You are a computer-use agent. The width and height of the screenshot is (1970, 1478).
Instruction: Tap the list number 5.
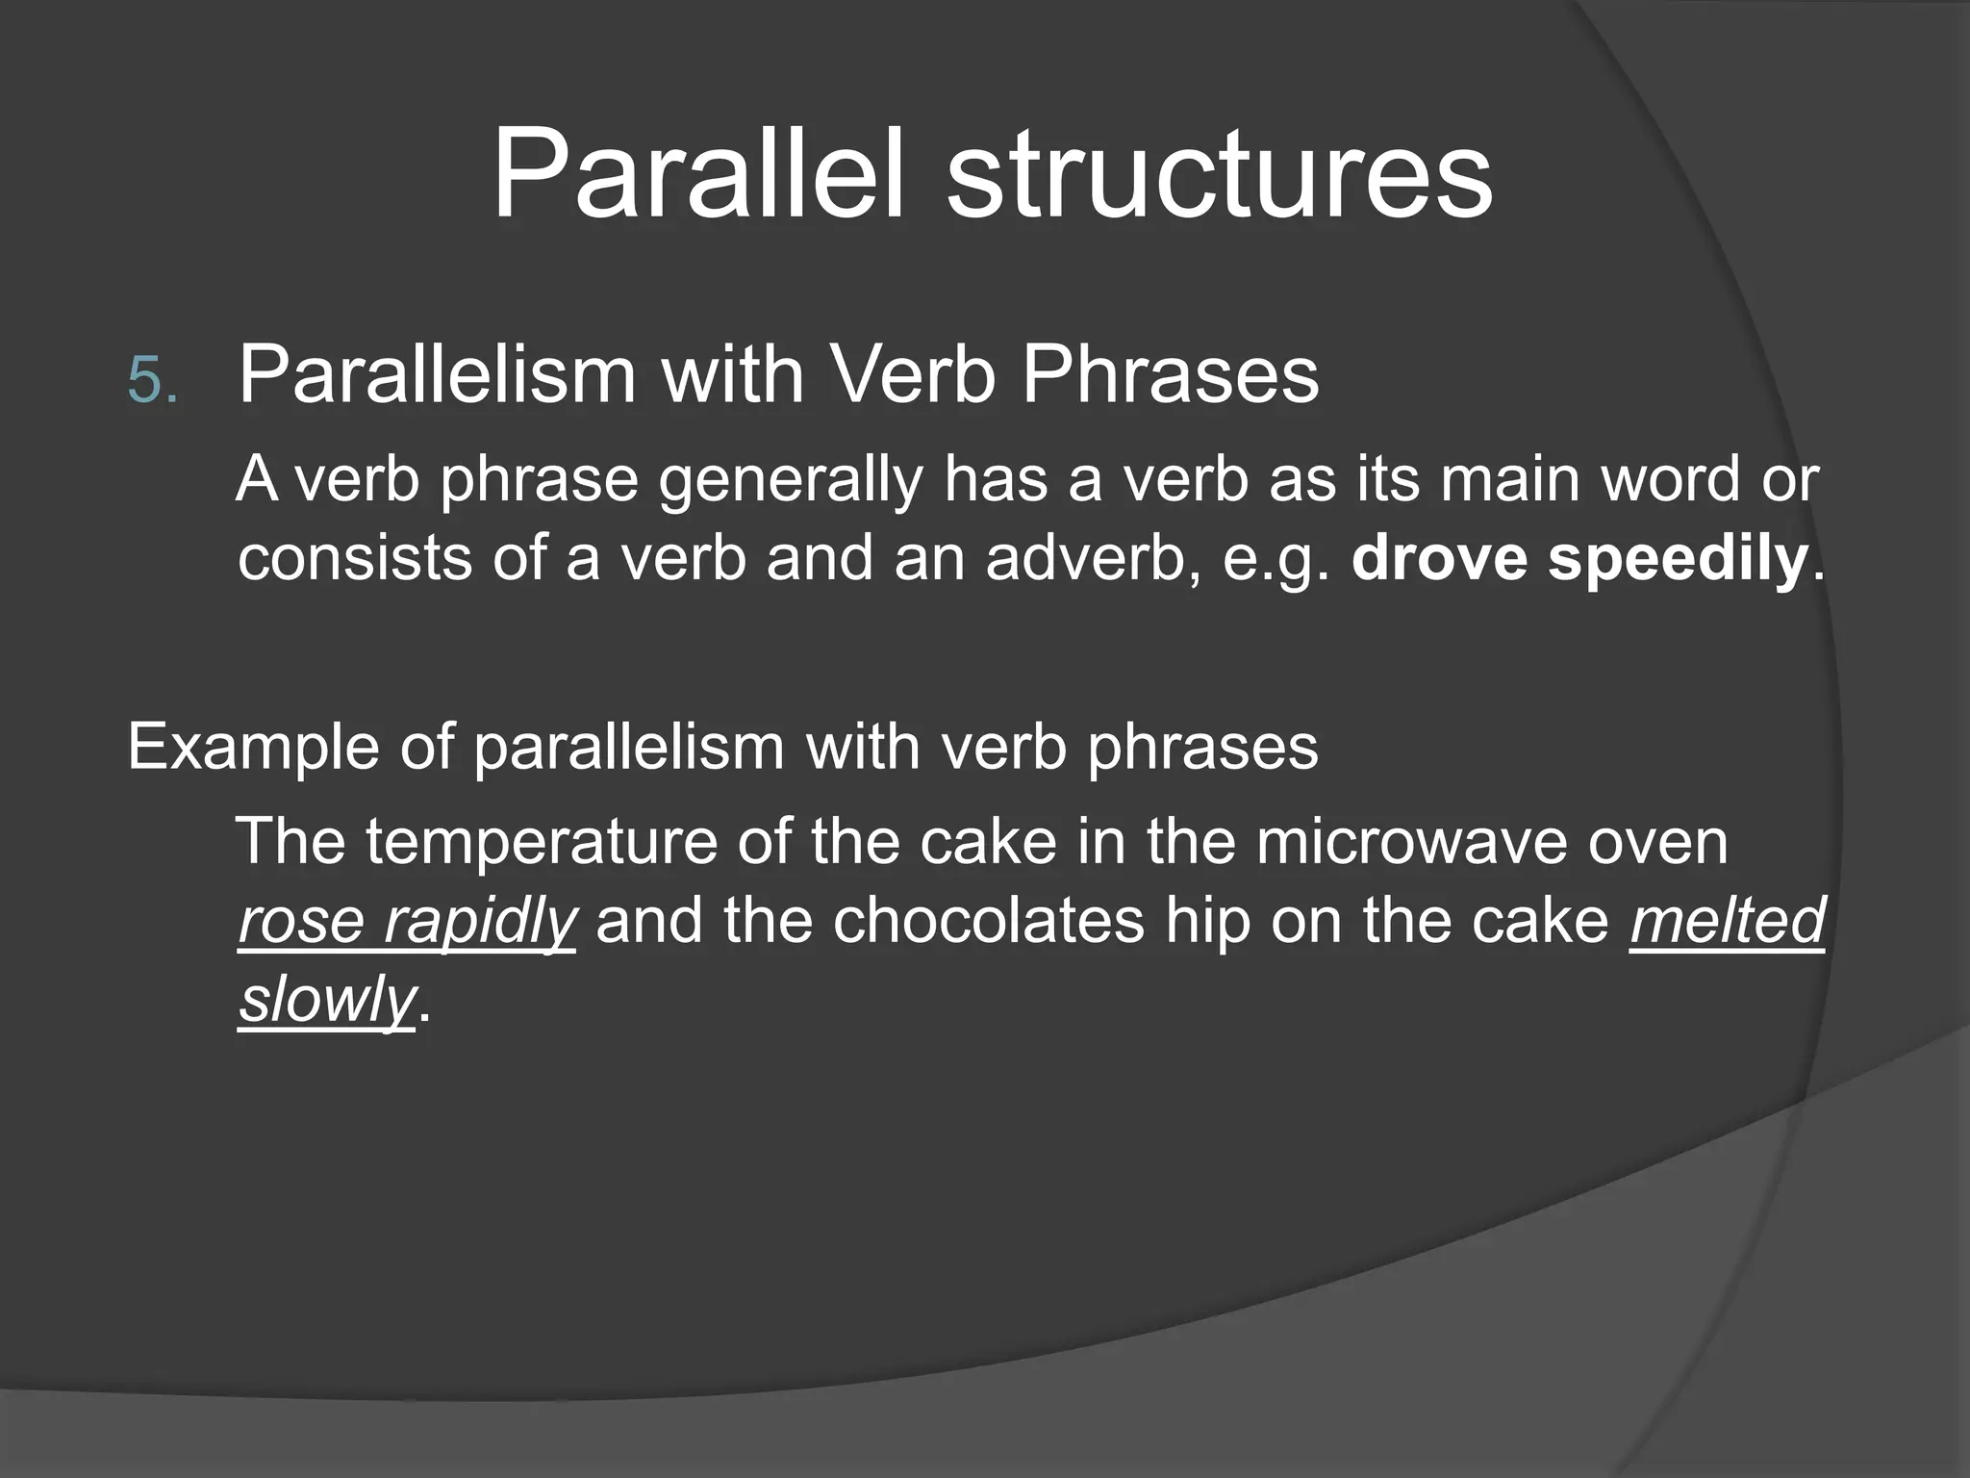152,381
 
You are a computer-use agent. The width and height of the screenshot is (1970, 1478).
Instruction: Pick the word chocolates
989,921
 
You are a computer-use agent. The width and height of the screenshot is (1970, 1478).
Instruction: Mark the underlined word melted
1727,921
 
